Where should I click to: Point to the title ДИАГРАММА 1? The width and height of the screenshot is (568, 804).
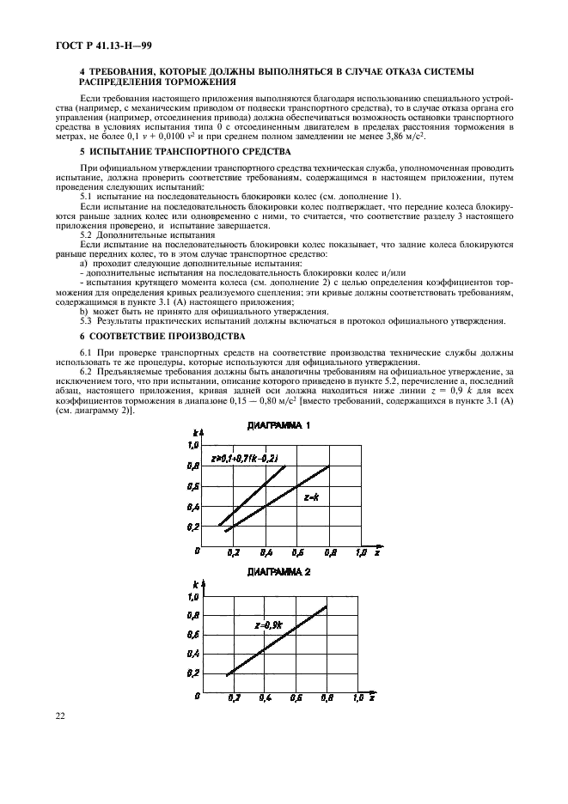[278, 426]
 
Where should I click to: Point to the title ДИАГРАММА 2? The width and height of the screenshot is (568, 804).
[278, 570]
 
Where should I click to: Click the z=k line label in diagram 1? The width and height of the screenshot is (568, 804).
[310, 497]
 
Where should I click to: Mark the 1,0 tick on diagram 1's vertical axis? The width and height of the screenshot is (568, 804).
[193, 445]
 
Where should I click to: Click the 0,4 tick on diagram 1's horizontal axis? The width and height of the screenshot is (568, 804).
[265, 554]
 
